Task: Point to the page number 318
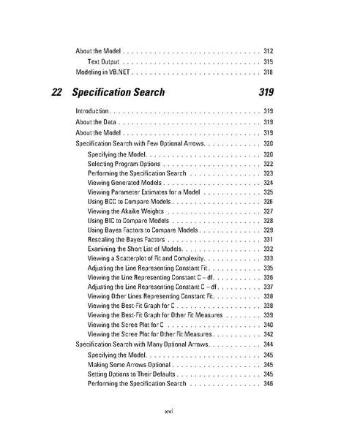[x=268, y=73]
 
